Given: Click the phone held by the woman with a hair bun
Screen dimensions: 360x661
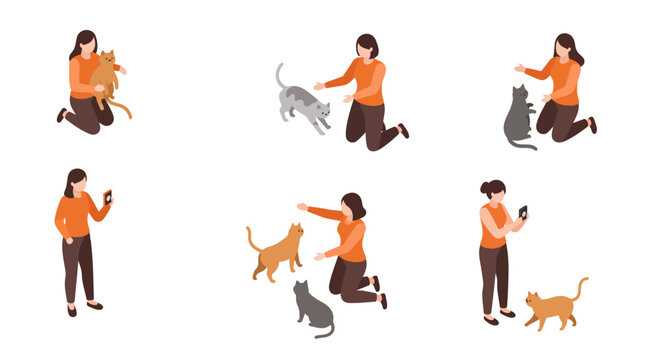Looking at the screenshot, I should pyautogui.click(x=522, y=212).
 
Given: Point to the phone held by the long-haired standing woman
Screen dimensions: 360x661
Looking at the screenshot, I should pyautogui.click(x=108, y=196).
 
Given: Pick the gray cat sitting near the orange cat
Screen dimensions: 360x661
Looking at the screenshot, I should pyautogui.click(x=311, y=308).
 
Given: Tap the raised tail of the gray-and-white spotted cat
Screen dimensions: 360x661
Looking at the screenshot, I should pyautogui.click(x=280, y=74).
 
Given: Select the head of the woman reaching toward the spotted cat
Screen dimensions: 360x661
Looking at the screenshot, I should pyautogui.click(x=368, y=46).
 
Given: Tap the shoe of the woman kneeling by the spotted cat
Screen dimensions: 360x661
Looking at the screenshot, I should pyautogui.click(x=403, y=130).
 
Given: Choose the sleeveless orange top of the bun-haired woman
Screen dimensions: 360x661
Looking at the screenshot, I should pyautogui.click(x=493, y=227).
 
